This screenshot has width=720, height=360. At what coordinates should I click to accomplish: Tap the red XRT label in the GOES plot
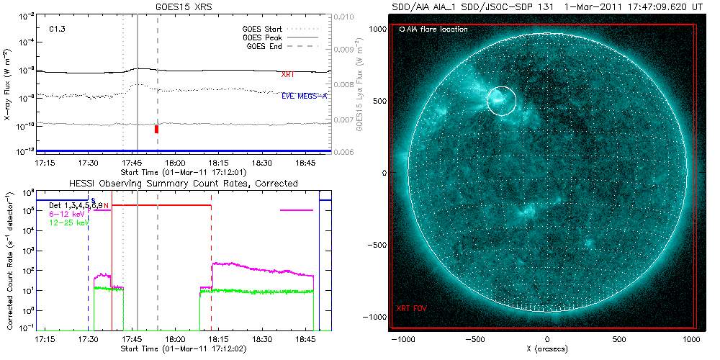(x=287, y=74)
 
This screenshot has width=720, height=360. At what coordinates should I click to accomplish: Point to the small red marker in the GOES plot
(x=156, y=129)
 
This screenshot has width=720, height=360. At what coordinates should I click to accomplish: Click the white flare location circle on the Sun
(x=502, y=101)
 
